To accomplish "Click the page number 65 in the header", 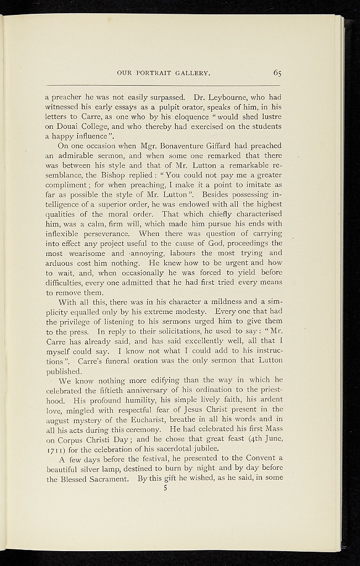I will tap(277, 72).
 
